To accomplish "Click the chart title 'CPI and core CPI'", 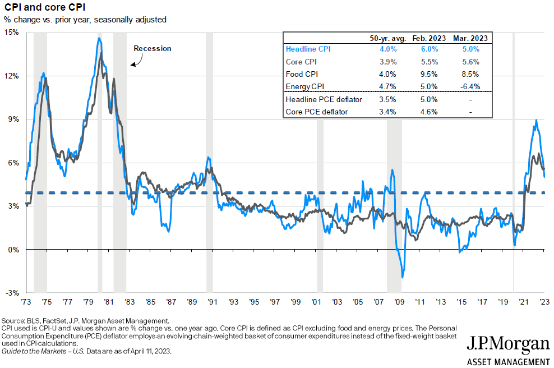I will pyautogui.click(x=36, y=8).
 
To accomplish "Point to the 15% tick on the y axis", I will pyautogui.click(x=12, y=33).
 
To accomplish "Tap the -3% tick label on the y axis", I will pyautogui.click(x=12, y=293).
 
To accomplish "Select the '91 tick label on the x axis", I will pyautogui.click(x=213, y=301).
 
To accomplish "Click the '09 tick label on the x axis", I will pyautogui.click(x=399, y=301).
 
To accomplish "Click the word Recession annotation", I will pyautogui.click(x=152, y=49).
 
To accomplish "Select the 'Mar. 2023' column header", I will pyautogui.click(x=470, y=38).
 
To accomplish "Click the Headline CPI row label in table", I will pyautogui.click(x=308, y=49).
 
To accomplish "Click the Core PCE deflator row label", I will pyautogui.click(x=316, y=112).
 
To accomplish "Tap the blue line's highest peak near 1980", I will pyautogui.click(x=99, y=38).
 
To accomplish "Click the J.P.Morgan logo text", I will pyautogui.click(x=508, y=343).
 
